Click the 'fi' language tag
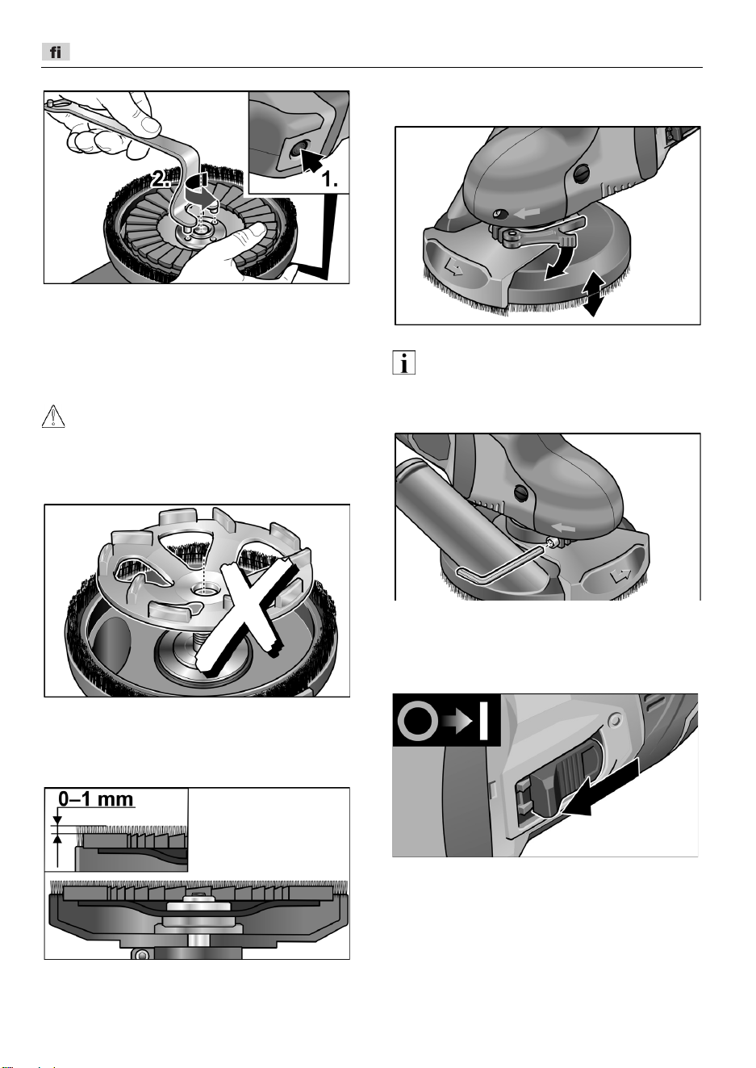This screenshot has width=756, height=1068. point(56,52)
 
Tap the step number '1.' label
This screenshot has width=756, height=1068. point(330,180)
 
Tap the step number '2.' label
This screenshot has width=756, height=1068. point(161,179)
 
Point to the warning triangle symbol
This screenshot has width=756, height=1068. point(53,416)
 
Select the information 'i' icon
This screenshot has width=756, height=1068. point(403,362)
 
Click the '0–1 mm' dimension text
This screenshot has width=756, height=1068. point(96,799)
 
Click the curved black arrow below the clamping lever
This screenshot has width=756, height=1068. point(562,260)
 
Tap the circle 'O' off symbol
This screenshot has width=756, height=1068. point(418,722)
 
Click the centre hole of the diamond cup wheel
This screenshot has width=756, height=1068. point(206,591)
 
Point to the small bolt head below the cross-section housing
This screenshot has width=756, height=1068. point(140,953)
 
